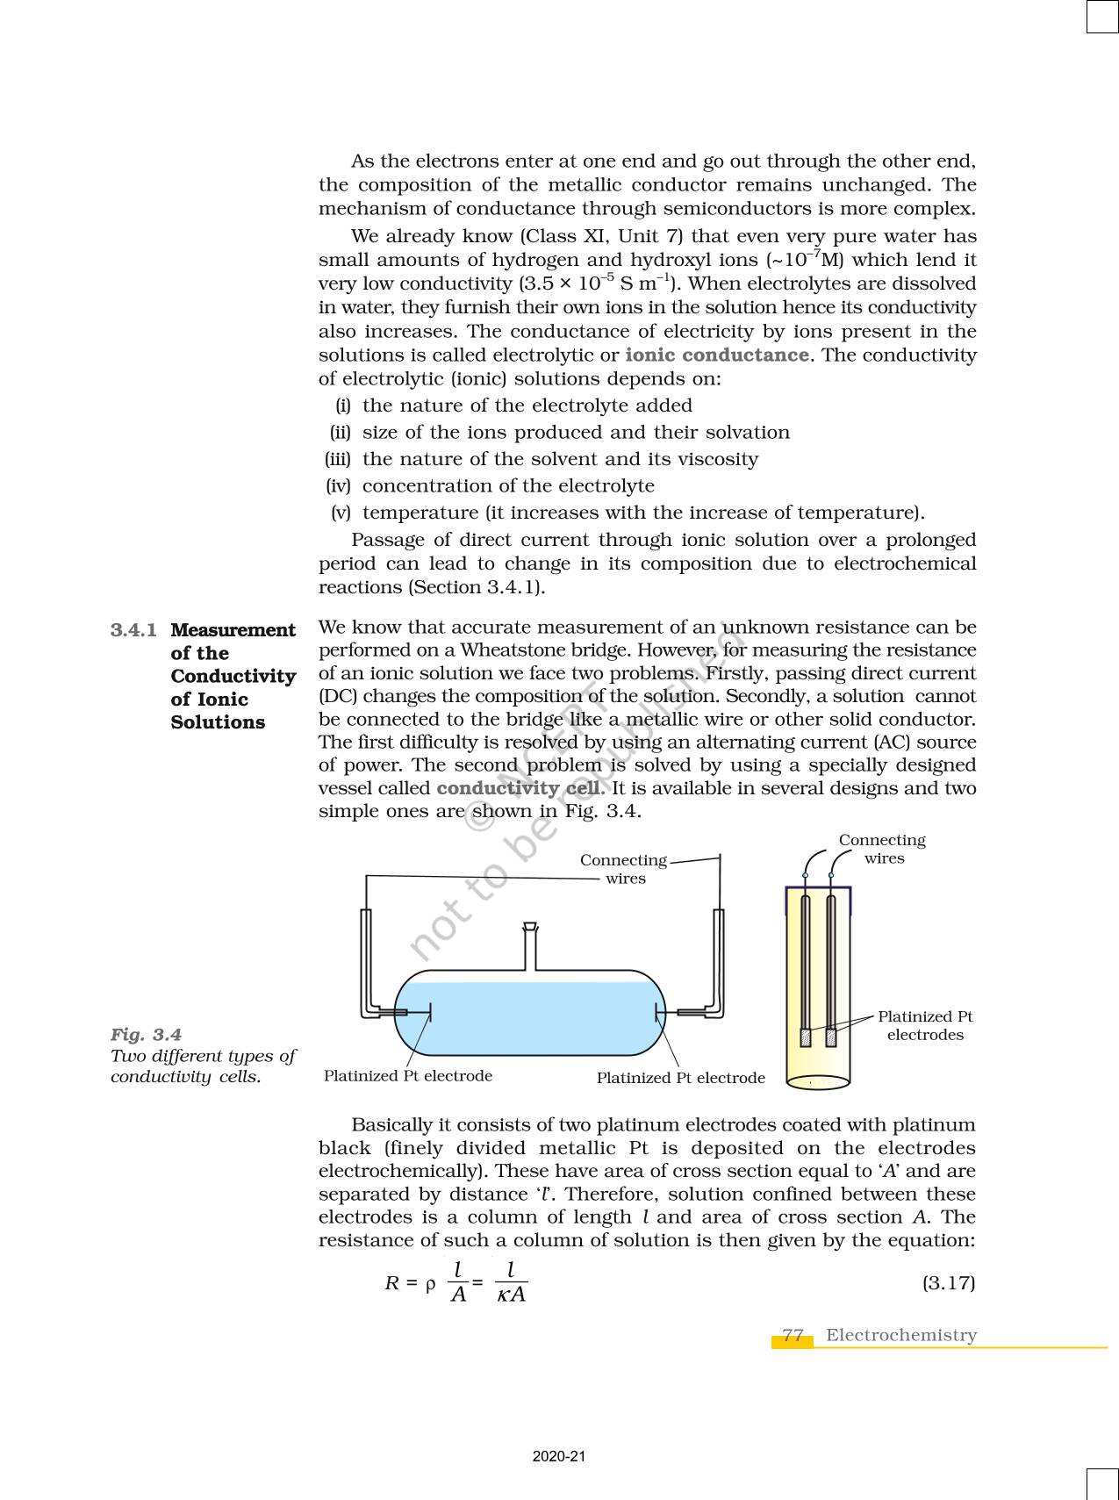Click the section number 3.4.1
click(x=133, y=630)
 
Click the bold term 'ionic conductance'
click(x=716, y=355)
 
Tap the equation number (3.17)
click(x=948, y=1282)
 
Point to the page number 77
click(x=793, y=1335)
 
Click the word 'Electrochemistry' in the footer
click(x=900, y=1335)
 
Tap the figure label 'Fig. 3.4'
click(x=146, y=1035)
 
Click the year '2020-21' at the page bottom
click(x=558, y=1457)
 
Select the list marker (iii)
click(x=338, y=459)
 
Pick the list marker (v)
click(x=341, y=513)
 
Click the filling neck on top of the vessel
click(x=530, y=945)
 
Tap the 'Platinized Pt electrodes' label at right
click(x=925, y=1025)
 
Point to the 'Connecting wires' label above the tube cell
click(x=882, y=849)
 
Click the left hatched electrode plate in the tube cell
click(x=806, y=1037)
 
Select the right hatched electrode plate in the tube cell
click(x=831, y=1037)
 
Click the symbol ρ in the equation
click(x=430, y=1284)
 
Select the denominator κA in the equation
click(x=511, y=1295)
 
